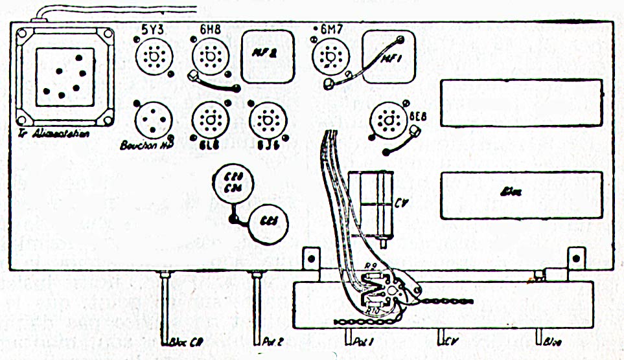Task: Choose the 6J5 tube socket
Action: (266, 120)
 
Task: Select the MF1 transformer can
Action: (387, 57)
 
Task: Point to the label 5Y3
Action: (154, 29)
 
